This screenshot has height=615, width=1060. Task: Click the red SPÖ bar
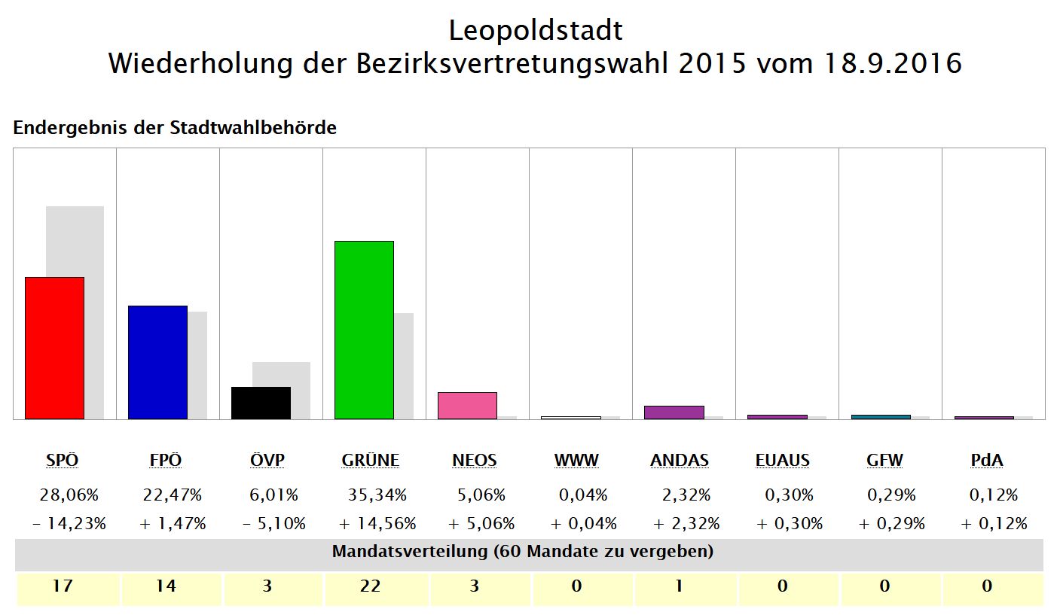pyautogui.click(x=54, y=348)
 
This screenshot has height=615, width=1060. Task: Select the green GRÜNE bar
pyautogui.click(x=364, y=330)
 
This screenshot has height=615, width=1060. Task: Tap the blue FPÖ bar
pyautogui.click(x=157, y=362)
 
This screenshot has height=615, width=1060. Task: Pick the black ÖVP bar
pyautogui.click(x=261, y=403)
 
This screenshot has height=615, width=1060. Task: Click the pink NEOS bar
pyautogui.click(x=467, y=405)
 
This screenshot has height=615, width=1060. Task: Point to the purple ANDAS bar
pyautogui.click(x=674, y=413)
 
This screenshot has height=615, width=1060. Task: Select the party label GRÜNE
pyautogui.click(x=370, y=460)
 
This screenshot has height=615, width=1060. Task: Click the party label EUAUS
pyautogui.click(x=782, y=460)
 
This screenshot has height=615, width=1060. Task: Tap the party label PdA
pyautogui.click(x=988, y=460)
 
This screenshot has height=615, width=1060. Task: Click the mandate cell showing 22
pyautogui.click(x=371, y=586)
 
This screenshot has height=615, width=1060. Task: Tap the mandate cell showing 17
pyautogui.click(x=63, y=586)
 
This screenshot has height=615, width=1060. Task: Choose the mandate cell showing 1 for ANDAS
pyautogui.click(x=679, y=586)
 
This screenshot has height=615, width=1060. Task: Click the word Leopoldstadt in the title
pyautogui.click(x=536, y=31)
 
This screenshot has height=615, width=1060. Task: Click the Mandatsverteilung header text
pyautogui.click(x=523, y=552)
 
